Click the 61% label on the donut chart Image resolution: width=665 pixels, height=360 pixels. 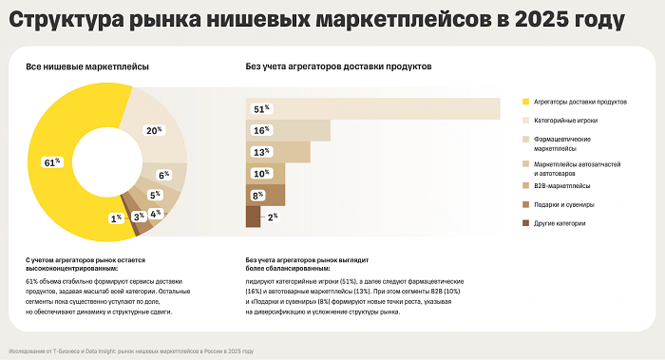click(x=52, y=162)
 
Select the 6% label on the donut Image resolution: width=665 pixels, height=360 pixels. click(x=163, y=175)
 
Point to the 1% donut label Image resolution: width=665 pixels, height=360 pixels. click(x=116, y=218)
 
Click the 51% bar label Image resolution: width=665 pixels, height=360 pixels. click(x=260, y=109)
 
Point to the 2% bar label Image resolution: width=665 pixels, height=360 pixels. click(x=273, y=218)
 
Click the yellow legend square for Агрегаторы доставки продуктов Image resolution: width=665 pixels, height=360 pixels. click(x=525, y=102)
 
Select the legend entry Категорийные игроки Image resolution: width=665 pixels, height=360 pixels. click(x=566, y=121)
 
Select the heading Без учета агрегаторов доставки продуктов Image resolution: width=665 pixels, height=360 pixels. click(x=338, y=67)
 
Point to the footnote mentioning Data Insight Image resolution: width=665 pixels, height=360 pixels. click(x=132, y=351)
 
